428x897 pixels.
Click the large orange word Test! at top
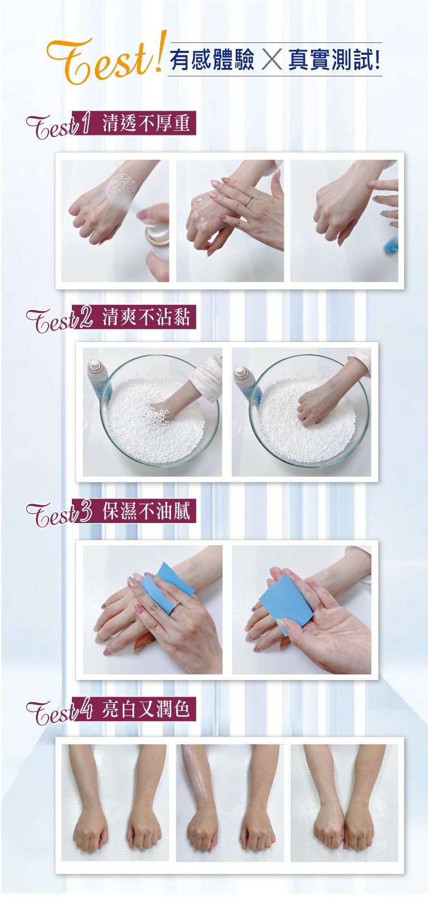tap(105, 59)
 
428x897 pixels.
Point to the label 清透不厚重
tap(146, 123)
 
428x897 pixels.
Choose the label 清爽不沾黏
tap(146, 317)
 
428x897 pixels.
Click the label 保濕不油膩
tap(146, 511)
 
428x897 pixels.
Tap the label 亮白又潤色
tap(146, 709)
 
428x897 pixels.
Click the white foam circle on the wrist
tap(122, 188)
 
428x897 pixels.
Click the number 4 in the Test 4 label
tap(84, 709)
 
